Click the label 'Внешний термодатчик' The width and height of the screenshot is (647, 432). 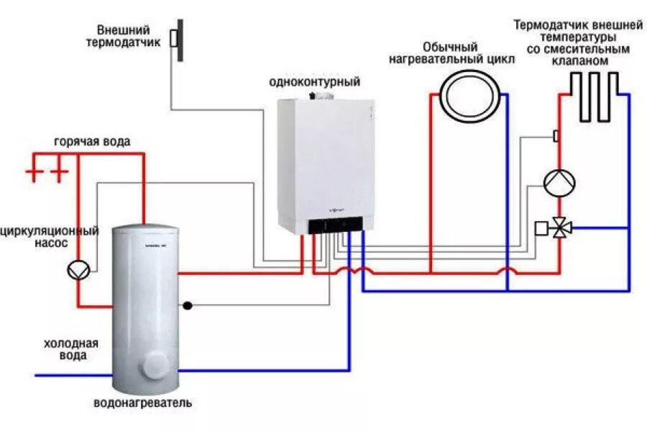pyautogui.click(x=123, y=36)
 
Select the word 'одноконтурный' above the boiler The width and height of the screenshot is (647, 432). pyautogui.click(x=314, y=82)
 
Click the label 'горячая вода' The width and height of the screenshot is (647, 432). pyautogui.click(x=92, y=141)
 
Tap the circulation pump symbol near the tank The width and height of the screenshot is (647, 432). pyautogui.click(x=78, y=269)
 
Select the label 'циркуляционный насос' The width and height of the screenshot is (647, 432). pyautogui.click(x=50, y=238)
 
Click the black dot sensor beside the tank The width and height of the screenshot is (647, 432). pyautogui.click(x=188, y=305)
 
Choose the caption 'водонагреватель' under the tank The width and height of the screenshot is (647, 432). pyautogui.click(x=142, y=402)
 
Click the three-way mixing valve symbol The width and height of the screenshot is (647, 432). pyautogui.click(x=560, y=228)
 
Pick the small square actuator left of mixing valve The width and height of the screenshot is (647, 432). pyautogui.click(x=541, y=228)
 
